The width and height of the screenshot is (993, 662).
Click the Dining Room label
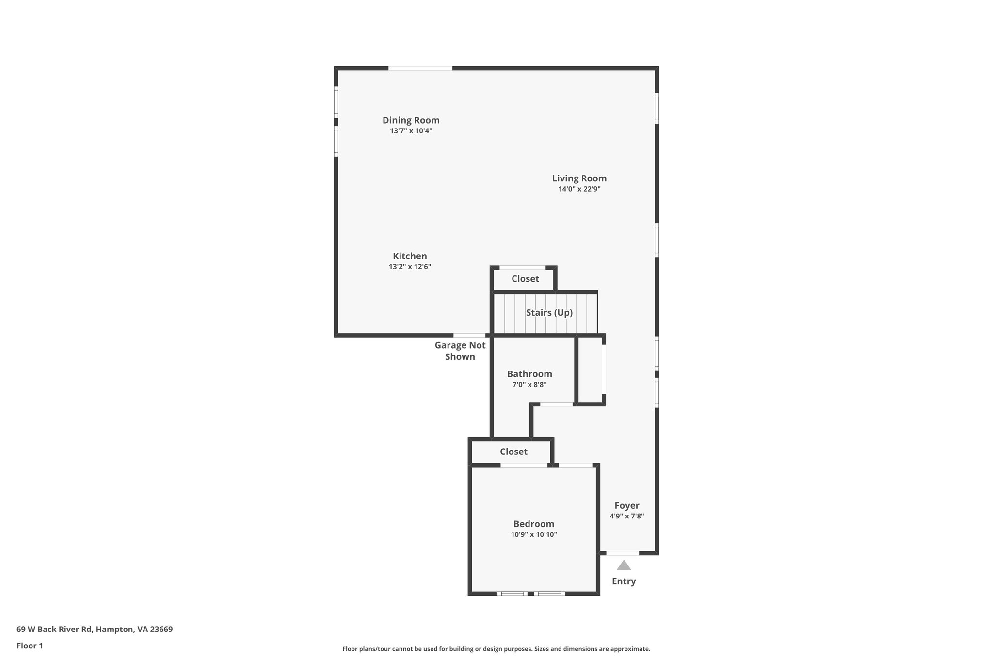[411, 120]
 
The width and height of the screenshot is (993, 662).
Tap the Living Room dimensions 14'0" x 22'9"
[579, 189]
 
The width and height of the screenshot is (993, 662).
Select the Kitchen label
[410, 256]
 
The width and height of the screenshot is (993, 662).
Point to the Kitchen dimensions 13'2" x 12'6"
[410, 267]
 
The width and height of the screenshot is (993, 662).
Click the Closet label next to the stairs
[525, 279]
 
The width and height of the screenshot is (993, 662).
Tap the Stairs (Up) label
[549, 313]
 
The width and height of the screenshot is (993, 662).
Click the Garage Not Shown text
[460, 351]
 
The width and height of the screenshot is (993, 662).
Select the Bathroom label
[529, 374]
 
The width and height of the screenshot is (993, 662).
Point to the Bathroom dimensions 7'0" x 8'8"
[529, 385]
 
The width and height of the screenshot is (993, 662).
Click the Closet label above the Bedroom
[513, 452]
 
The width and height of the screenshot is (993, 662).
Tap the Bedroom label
[533, 524]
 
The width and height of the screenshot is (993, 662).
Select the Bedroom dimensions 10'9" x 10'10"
[533, 535]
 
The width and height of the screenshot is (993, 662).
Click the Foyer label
[626, 506]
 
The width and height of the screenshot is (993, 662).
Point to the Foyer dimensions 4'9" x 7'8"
[626, 517]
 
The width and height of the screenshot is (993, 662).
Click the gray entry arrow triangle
[624, 565]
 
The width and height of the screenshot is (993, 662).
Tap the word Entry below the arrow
[624, 581]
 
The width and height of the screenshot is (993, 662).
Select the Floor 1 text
[30, 646]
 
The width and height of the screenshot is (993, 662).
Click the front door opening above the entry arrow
[623, 553]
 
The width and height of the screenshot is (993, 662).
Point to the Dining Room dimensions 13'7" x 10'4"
[411, 131]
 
